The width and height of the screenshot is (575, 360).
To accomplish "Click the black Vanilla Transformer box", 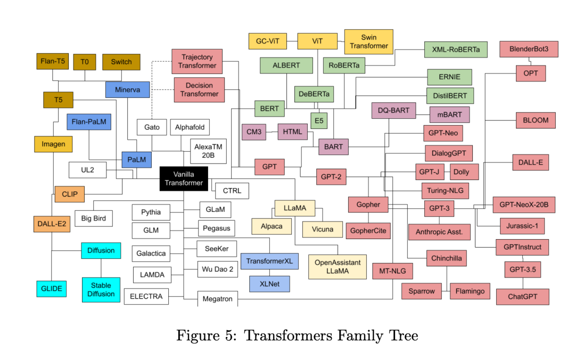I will (184, 178).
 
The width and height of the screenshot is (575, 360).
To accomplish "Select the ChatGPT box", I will (522, 297).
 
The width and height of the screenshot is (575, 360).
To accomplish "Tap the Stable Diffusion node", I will (101, 289).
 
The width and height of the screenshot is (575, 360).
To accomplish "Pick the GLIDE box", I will (52, 289).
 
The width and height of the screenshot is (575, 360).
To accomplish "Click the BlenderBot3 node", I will (529, 50).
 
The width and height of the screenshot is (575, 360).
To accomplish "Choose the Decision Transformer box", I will (199, 89).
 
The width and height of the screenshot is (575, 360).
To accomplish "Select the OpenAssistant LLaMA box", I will (338, 266).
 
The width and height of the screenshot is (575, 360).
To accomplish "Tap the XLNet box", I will (270, 284).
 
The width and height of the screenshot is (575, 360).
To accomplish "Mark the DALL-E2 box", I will (52, 224).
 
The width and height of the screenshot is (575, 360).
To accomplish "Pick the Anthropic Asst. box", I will (439, 232).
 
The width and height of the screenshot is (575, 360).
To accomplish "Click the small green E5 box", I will (318, 120).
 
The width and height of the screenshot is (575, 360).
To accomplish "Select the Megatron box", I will (217, 299).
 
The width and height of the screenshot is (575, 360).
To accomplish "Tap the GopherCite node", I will (368, 231).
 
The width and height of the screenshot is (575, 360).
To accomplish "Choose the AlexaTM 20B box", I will (208, 151).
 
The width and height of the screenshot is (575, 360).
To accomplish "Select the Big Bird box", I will (94, 218).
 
